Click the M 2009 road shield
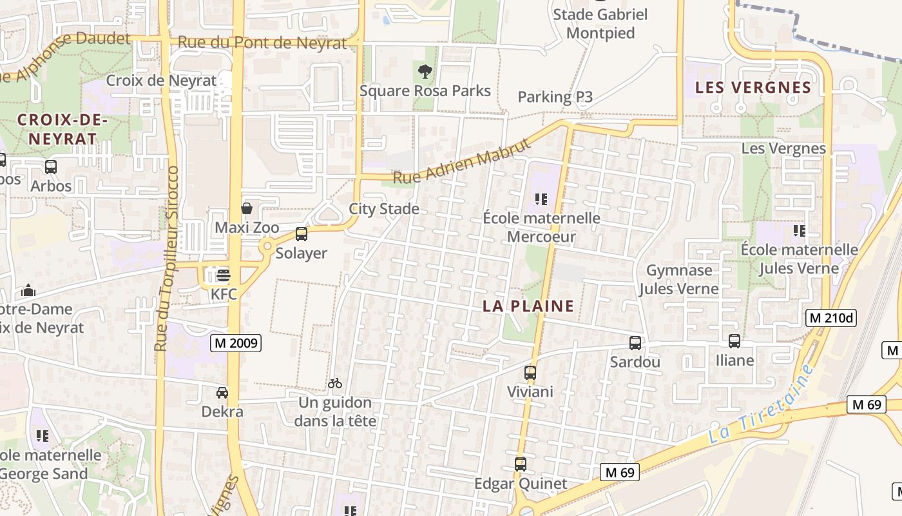click(235, 344)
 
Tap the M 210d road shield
click(830, 317)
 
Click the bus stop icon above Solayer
click(301, 234)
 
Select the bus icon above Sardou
click(635, 343)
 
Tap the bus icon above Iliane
click(734, 341)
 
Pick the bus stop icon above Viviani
click(530, 372)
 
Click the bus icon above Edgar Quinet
click(520, 464)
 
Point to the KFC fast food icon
click(223, 276)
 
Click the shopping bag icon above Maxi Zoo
click(246, 208)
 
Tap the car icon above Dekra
click(222, 392)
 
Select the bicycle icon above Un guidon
click(334, 383)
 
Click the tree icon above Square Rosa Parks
click(425, 71)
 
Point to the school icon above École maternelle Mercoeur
click(541, 199)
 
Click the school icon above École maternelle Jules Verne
click(799, 230)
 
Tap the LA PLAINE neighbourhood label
click(528, 306)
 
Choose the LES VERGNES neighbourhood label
click(753, 88)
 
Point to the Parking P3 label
click(555, 97)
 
